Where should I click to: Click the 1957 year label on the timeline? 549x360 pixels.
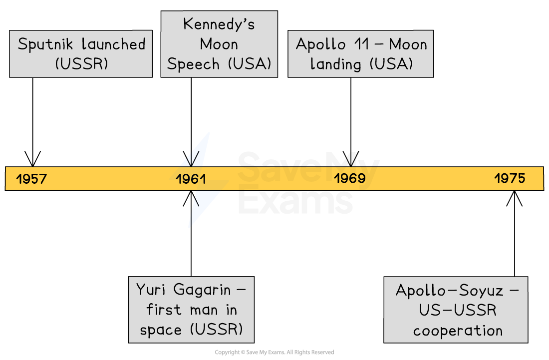point(31,179)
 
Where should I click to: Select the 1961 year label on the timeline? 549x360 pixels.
point(191,179)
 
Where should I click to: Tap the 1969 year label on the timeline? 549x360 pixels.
point(349,178)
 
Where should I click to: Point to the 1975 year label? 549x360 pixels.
point(510,178)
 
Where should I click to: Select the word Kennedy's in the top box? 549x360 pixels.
point(219,24)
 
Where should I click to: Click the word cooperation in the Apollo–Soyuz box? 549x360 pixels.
point(458,331)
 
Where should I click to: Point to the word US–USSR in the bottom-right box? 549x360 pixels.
point(458,311)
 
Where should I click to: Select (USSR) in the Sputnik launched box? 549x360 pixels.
point(81,64)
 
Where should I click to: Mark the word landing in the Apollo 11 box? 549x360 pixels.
point(335,64)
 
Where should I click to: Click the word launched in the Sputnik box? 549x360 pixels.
point(114,44)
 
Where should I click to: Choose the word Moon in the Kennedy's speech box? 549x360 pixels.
point(219,44)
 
